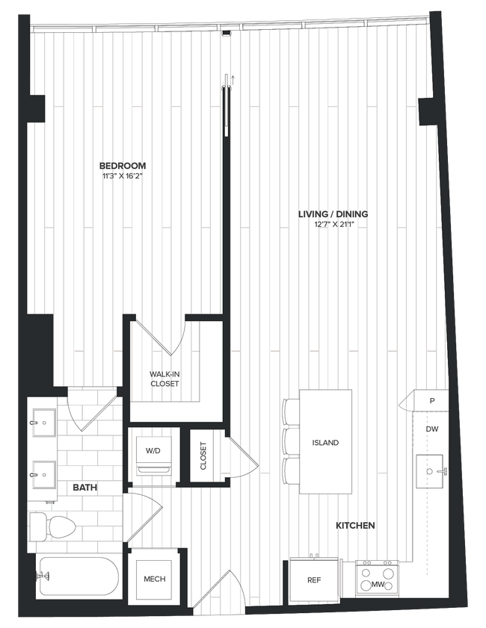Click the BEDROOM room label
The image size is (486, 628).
pyautogui.click(x=123, y=166)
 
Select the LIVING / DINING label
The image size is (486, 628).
pyautogui.click(x=333, y=214)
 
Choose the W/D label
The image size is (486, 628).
pyautogui.click(x=153, y=451)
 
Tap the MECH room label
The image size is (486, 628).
pyautogui.click(x=154, y=579)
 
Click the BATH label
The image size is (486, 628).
pyautogui.click(x=84, y=488)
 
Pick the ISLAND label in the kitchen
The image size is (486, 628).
pyautogui.click(x=325, y=443)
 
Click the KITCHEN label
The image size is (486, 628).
pyautogui.click(x=355, y=526)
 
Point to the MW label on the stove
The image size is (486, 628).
pyautogui.click(x=378, y=585)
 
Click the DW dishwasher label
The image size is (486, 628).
pyautogui.click(x=431, y=430)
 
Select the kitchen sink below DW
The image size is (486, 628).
pyautogui.click(x=431, y=472)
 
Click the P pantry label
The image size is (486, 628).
pyautogui.click(x=431, y=401)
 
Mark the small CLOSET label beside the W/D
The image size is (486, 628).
pyautogui.click(x=203, y=456)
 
